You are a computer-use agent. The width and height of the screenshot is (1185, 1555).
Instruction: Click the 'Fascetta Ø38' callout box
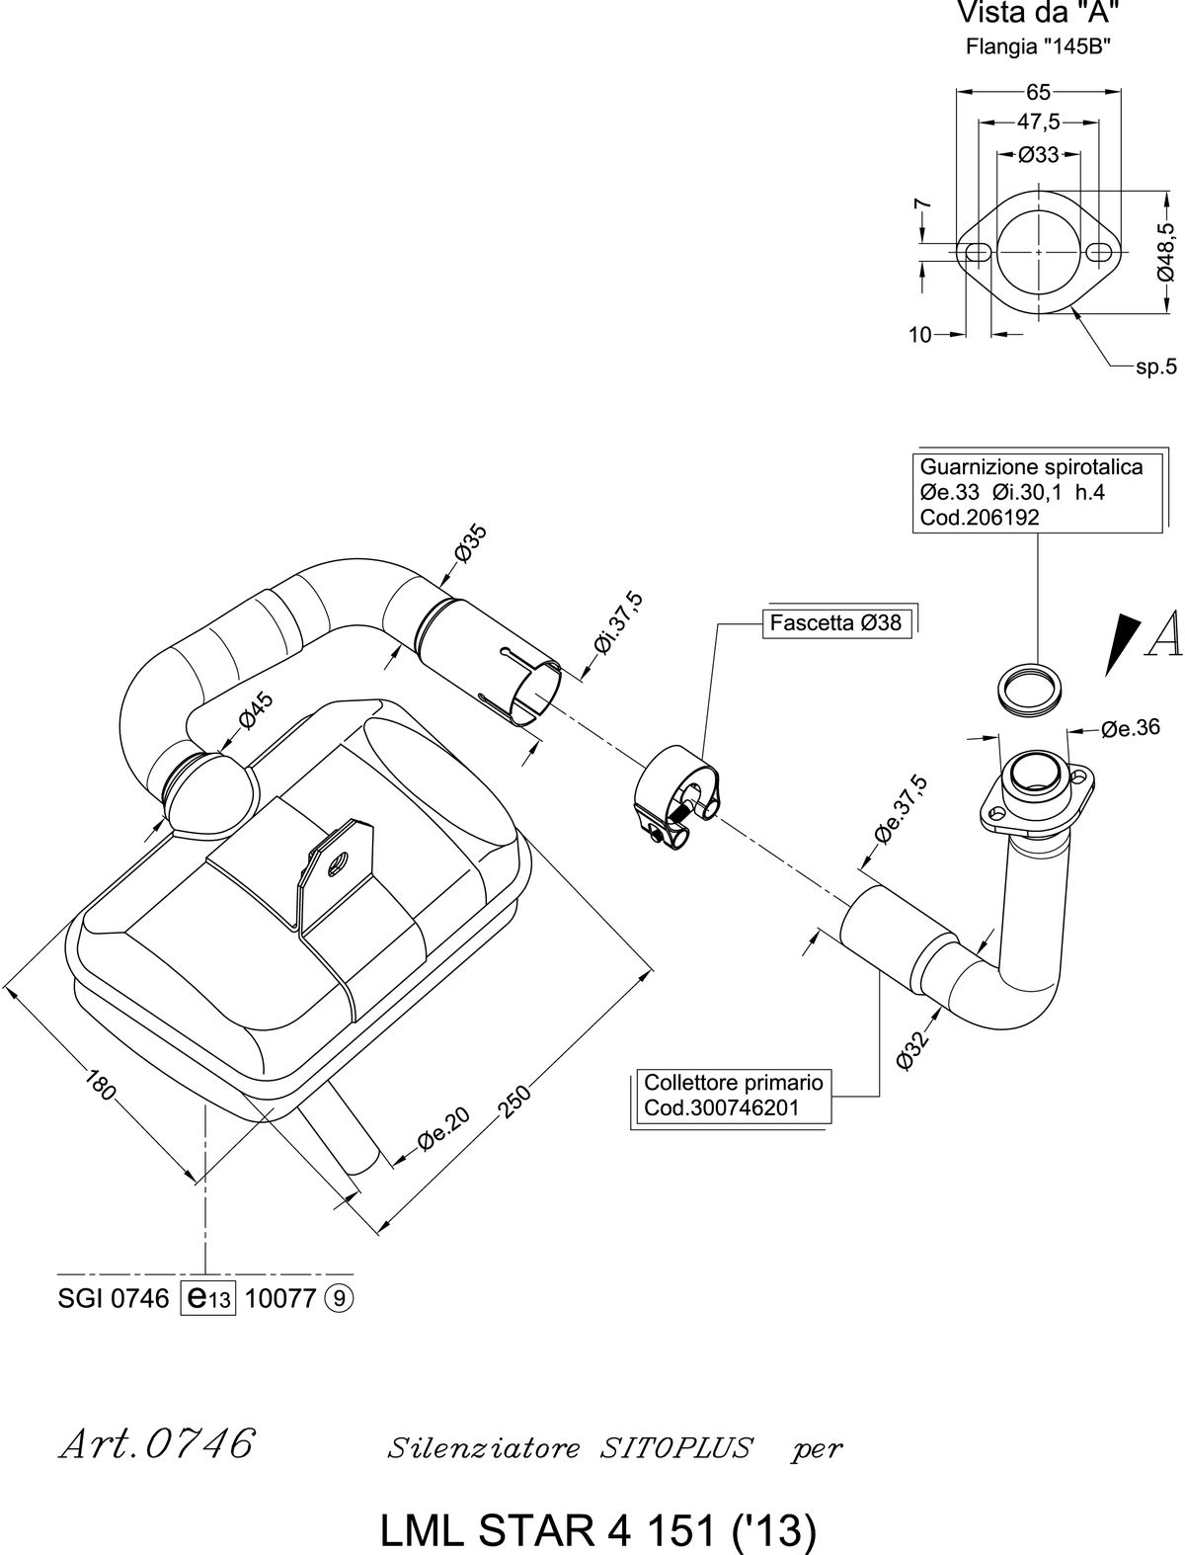click(x=836, y=623)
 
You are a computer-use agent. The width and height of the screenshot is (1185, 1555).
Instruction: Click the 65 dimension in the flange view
click(x=1038, y=92)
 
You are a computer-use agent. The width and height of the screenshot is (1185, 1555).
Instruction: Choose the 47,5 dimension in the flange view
click(x=1038, y=122)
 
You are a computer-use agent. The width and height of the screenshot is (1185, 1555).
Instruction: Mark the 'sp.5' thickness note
click(x=1156, y=368)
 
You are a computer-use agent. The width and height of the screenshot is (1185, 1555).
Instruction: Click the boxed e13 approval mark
click(x=207, y=1298)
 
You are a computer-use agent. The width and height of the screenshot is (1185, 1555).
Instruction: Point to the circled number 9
click(x=339, y=1298)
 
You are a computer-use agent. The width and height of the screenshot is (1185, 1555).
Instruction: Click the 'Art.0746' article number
click(x=157, y=1443)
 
